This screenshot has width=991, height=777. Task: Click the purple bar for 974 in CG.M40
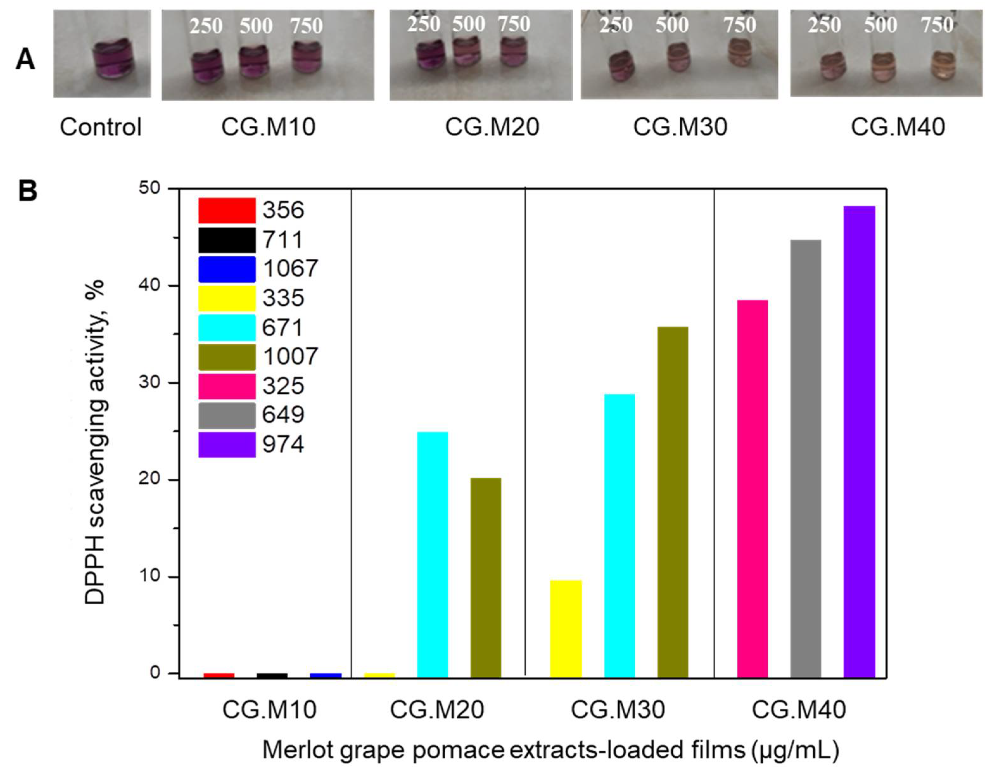coord(859,441)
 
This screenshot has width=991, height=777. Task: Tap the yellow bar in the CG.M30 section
coord(566,628)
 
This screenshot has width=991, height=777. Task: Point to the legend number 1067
coord(290,268)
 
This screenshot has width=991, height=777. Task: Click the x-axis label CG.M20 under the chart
coord(437,710)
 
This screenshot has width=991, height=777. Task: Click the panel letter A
coord(25,60)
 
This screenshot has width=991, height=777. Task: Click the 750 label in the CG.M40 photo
coord(937,25)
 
